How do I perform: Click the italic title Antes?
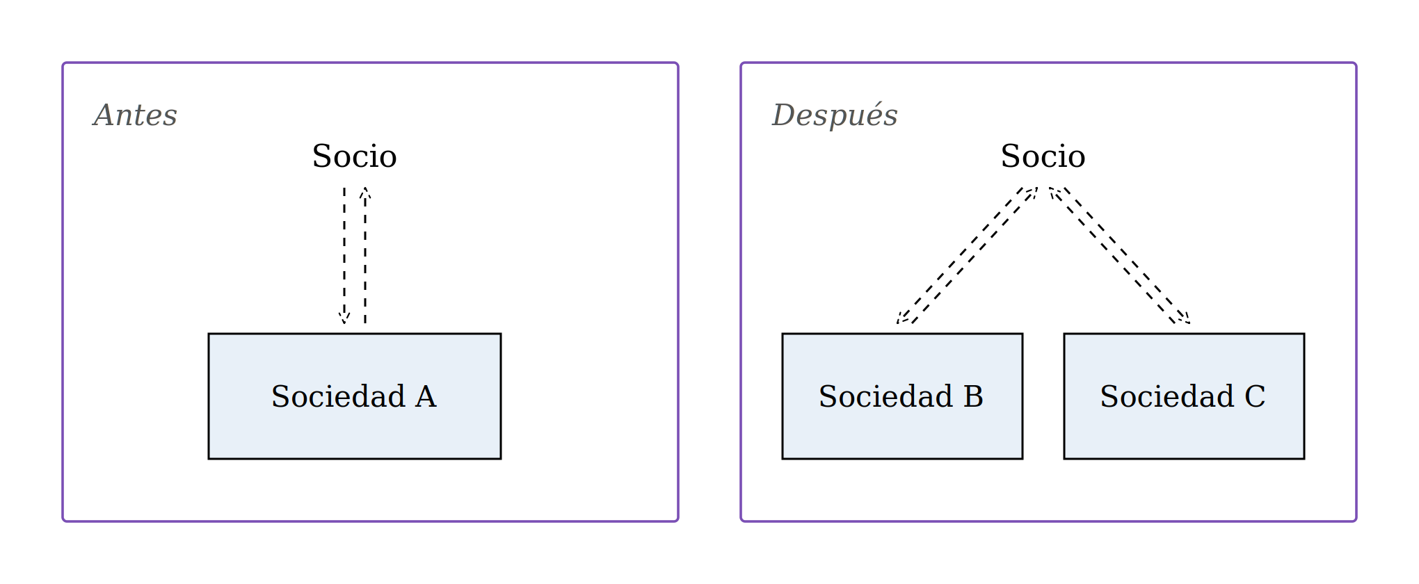tap(136, 115)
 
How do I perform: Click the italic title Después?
tap(835, 115)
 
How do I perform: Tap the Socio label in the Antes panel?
tap(355, 156)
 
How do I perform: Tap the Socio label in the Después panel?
tap(1043, 156)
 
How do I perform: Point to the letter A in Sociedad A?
tap(426, 397)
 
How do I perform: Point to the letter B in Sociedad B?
tap(974, 397)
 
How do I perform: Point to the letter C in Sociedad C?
tap(1255, 397)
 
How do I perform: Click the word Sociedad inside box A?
tap(339, 396)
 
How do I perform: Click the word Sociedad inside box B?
tap(886, 396)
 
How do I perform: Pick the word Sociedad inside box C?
tap(1168, 396)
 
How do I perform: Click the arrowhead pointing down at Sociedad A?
tap(344, 318)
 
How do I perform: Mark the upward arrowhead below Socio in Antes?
tap(365, 193)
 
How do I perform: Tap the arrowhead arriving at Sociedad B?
tap(903, 318)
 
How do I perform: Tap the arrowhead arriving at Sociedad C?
tap(1184, 318)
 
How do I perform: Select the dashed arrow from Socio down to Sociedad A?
tap(344, 256)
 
